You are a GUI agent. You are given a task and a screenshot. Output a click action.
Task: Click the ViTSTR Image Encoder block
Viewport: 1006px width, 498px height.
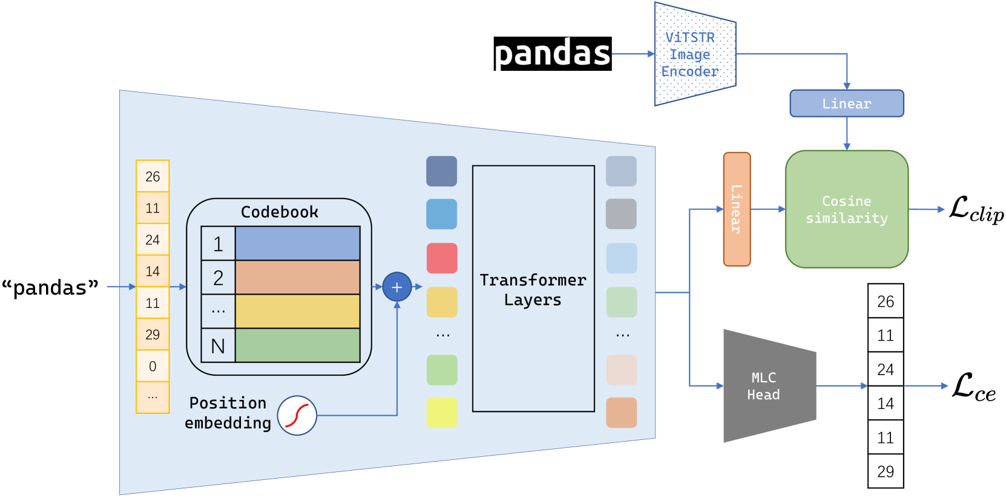coord(694,54)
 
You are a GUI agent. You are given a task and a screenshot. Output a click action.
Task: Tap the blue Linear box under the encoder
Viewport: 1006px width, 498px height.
coord(846,103)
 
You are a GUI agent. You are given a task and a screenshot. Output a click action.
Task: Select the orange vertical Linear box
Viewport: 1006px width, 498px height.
coord(737,209)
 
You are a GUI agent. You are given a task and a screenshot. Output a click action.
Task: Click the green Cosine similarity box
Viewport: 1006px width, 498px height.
coord(846,209)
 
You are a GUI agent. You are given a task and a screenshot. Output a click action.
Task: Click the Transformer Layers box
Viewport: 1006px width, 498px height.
coord(533,289)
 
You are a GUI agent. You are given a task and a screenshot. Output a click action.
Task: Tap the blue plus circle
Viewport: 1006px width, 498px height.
coord(397,287)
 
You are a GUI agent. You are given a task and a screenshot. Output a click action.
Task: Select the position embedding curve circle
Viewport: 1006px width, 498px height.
coord(297,416)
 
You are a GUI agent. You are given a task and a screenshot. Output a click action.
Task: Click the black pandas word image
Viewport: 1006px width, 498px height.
coord(552,54)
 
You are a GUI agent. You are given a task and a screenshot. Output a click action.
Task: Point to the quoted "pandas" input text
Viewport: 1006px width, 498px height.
coord(50,287)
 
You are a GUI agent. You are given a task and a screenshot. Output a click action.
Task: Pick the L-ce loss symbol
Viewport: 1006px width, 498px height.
coord(973,387)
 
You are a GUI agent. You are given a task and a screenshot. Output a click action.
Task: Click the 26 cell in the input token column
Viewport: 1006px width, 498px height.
coord(153,177)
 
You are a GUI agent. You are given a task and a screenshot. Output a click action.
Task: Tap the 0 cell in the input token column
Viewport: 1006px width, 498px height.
coord(153,366)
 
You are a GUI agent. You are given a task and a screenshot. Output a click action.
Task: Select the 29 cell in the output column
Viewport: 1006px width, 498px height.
coord(885,471)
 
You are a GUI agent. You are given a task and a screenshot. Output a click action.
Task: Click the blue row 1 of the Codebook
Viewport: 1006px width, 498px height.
coord(297,243)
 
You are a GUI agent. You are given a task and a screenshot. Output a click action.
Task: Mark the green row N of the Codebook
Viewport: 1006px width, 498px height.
coord(297,346)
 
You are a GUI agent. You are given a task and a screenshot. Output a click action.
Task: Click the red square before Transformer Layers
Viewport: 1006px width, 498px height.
coord(442,258)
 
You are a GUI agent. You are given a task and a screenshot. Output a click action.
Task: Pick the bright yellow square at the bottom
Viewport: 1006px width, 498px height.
coord(442,413)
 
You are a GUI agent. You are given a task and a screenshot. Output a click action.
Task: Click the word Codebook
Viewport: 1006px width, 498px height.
coord(279,212)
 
